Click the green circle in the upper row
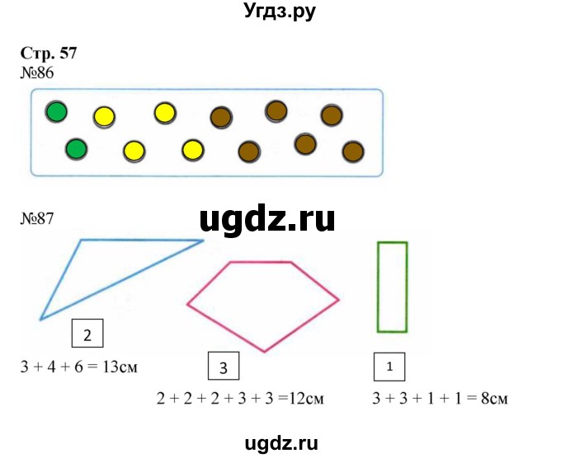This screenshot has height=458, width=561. click(x=57, y=111)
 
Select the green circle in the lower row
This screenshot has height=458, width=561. click(x=76, y=149)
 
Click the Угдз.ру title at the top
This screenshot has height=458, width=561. click(x=280, y=12)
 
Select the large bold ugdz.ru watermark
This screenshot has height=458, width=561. click(x=267, y=219)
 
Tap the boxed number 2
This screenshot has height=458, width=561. click(x=87, y=334)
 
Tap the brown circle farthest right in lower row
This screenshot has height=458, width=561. click(x=353, y=152)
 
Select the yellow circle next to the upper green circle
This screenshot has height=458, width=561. click(x=105, y=116)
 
